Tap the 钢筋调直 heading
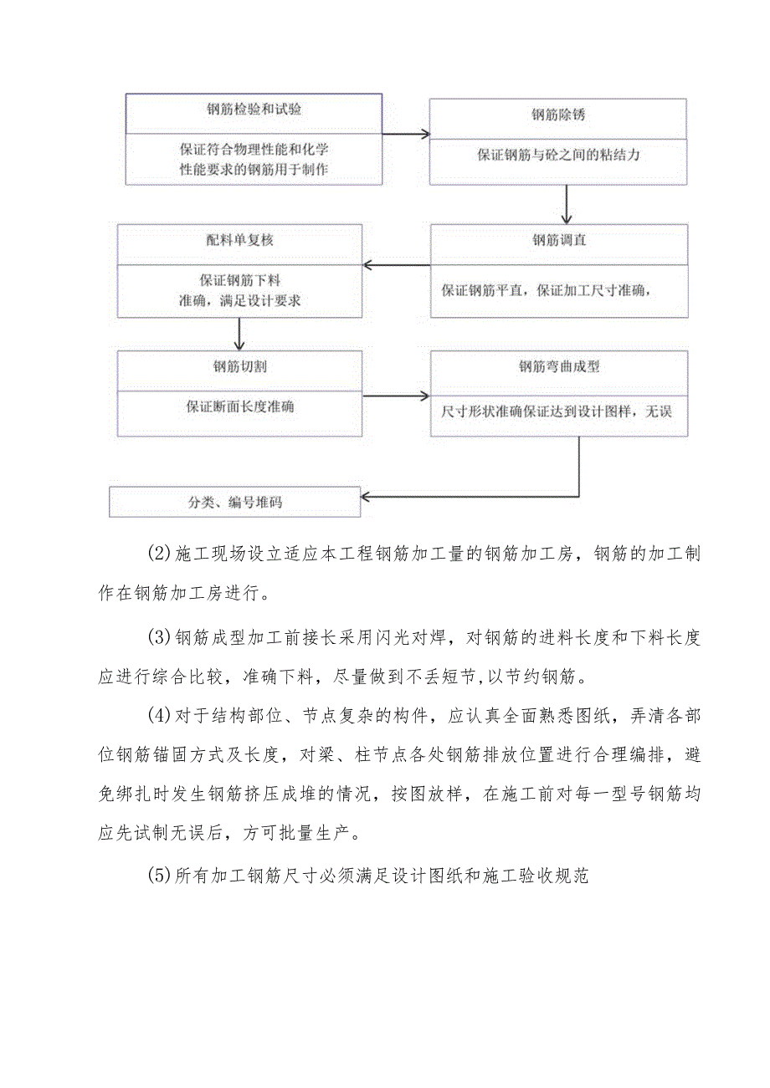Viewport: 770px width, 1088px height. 559,241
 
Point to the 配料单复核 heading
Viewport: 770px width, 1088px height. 240,241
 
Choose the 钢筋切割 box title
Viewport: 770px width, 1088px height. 240,366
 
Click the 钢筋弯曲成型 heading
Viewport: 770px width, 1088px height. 559,366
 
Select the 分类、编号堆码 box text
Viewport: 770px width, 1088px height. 235,503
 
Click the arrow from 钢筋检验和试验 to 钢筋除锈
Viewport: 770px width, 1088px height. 406,133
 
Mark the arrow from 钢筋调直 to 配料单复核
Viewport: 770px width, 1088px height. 397,267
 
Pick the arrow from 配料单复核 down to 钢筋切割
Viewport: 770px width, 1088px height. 239,334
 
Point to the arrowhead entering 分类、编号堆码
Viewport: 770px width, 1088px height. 368,496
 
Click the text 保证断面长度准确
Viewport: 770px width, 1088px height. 240,408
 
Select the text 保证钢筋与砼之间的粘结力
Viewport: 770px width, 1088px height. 557,155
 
